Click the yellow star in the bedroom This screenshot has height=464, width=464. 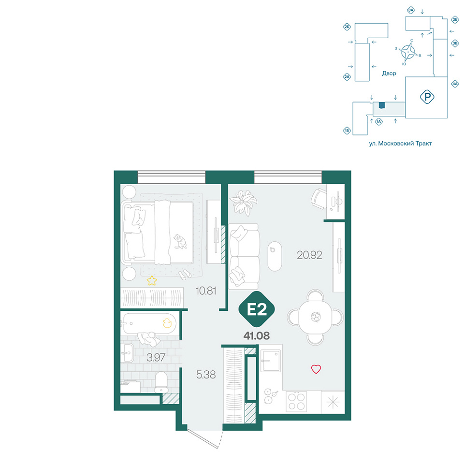pyautogui.click(x=152, y=280)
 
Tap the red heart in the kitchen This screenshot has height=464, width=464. pyautogui.click(x=316, y=369)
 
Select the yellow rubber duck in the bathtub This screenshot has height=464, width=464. pyautogui.click(x=167, y=323)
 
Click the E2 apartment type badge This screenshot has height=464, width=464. pyautogui.click(x=257, y=309)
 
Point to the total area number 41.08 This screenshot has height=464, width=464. pyautogui.click(x=257, y=335)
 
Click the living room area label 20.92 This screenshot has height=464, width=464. pyautogui.click(x=309, y=255)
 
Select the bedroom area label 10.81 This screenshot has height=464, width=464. pyautogui.click(x=206, y=290)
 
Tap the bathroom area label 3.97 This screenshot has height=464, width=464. pyautogui.click(x=156, y=358)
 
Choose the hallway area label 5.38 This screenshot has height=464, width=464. pyautogui.click(x=206, y=375)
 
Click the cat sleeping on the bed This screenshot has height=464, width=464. pyautogui.click(x=180, y=242)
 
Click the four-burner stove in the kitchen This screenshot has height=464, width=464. pyautogui.click(x=296, y=401)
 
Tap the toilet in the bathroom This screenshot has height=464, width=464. pyautogui.click(x=161, y=382)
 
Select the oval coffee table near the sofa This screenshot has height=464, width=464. pyautogui.click(x=275, y=256)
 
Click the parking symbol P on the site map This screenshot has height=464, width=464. pyautogui.click(x=427, y=97)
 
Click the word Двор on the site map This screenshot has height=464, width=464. pyautogui.click(x=389, y=73)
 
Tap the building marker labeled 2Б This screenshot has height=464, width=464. pyautogui.click(x=347, y=27)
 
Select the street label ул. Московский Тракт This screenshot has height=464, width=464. pyautogui.click(x=400, y=144)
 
